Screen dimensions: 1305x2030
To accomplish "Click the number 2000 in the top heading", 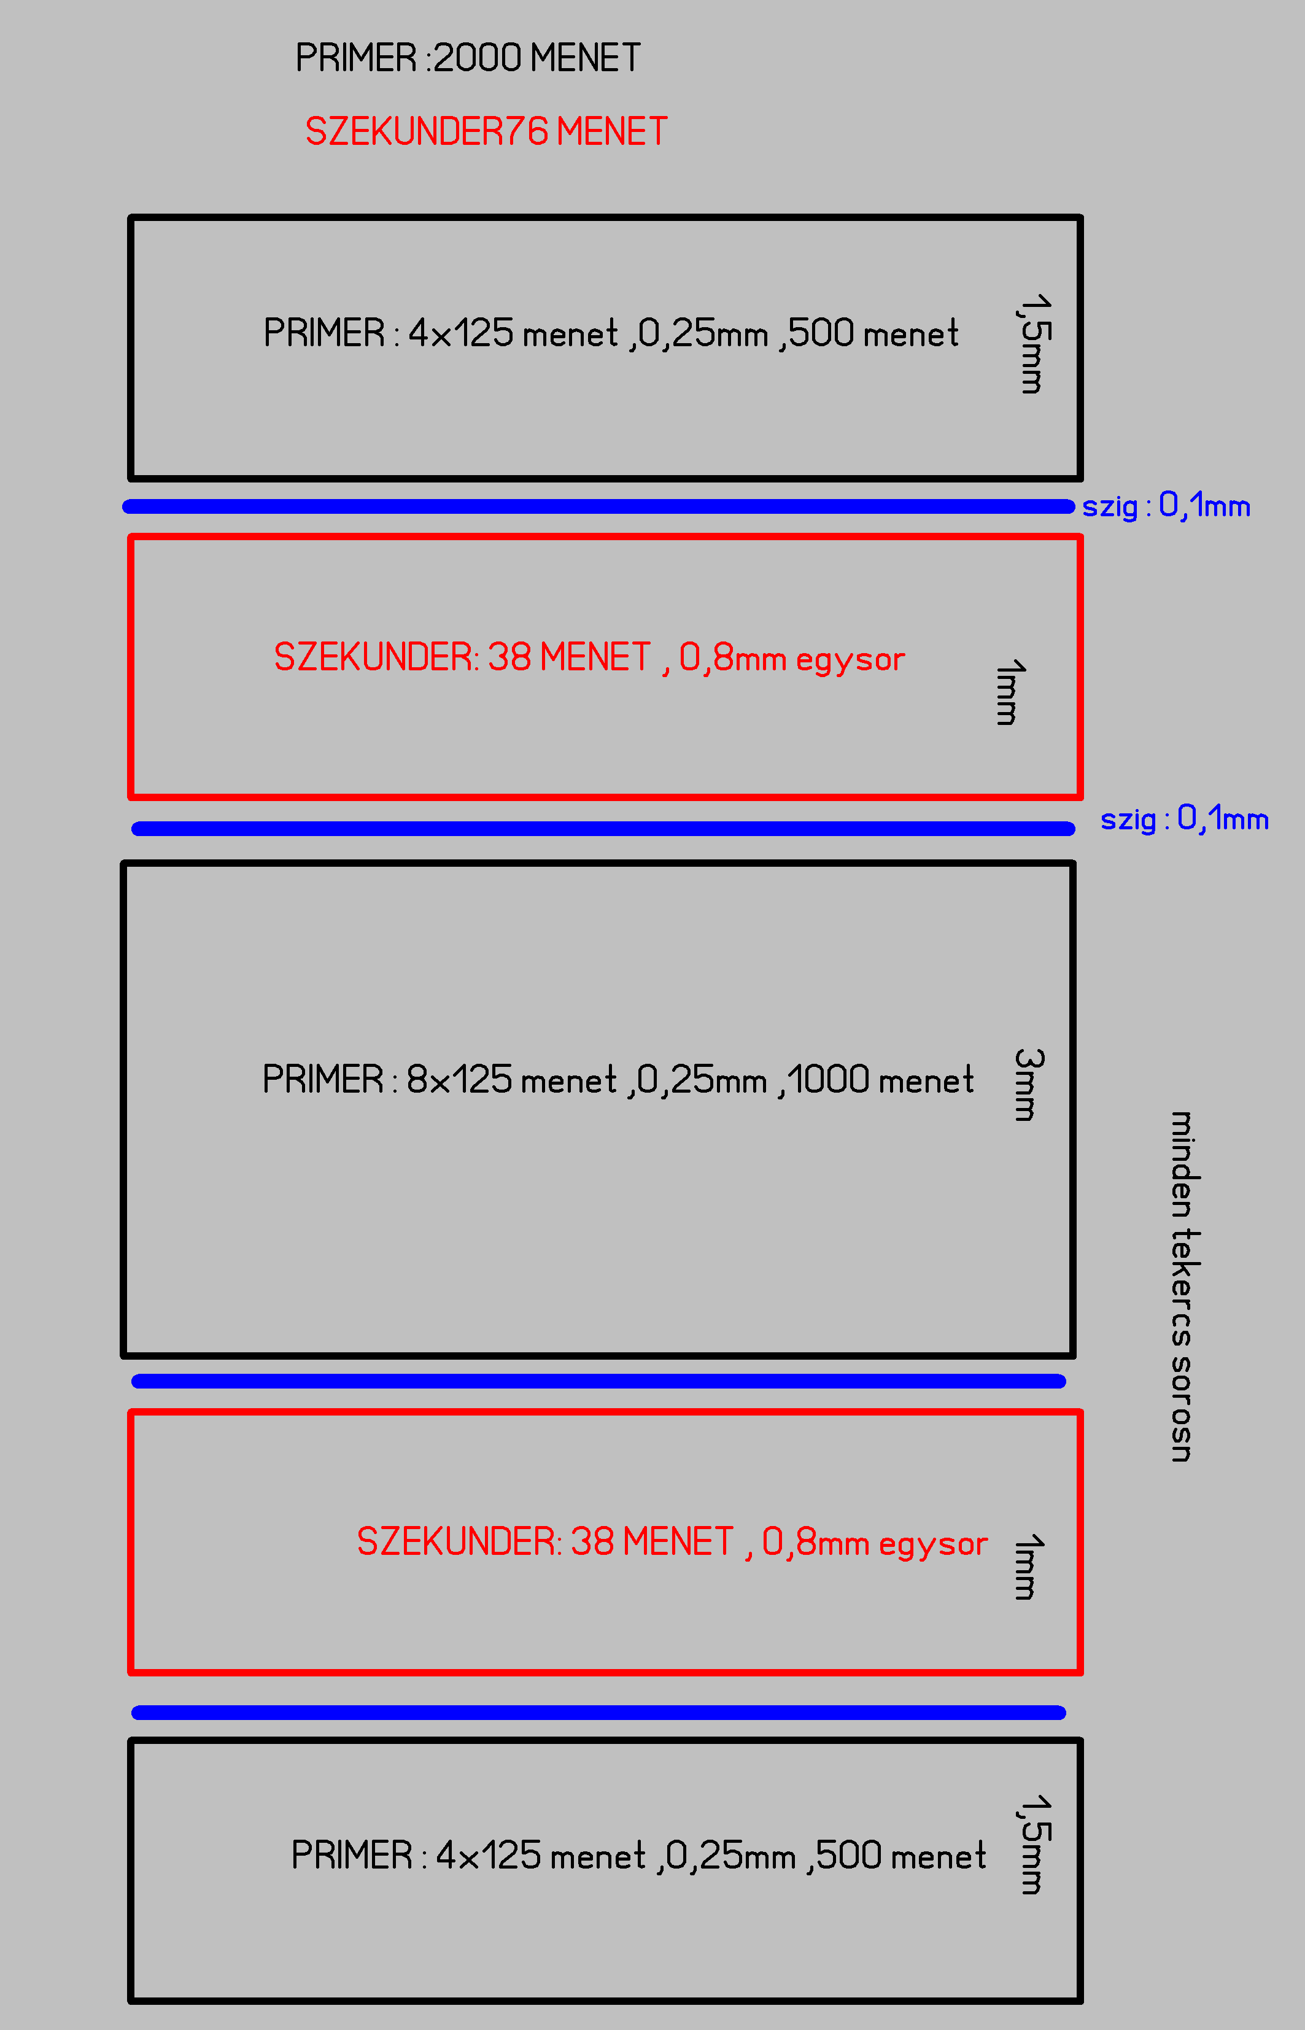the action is click(477, 58).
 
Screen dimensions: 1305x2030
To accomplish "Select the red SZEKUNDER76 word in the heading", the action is click(426, 132).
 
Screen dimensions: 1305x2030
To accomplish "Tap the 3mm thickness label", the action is click(1028, 1085).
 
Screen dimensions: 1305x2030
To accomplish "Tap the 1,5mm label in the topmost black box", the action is click(1033, 344).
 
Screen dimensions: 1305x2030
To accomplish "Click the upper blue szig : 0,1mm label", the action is click(1166, 506).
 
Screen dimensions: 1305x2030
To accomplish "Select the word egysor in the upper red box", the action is click(850, 660).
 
